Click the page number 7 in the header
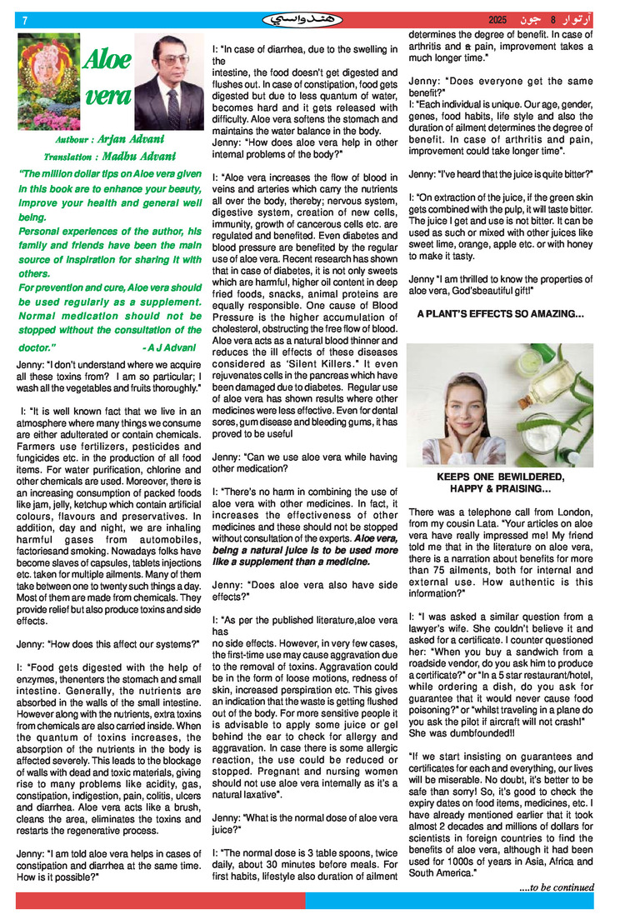tap(26, 19)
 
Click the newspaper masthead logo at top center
tap(301, 18)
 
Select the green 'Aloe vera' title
tap(107, 77)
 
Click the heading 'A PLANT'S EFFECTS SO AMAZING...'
tap(500, 314)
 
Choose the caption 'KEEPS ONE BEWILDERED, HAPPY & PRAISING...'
tap(500, 482)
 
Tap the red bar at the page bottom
tap(159, 901)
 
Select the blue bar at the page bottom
tap(449, 901)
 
